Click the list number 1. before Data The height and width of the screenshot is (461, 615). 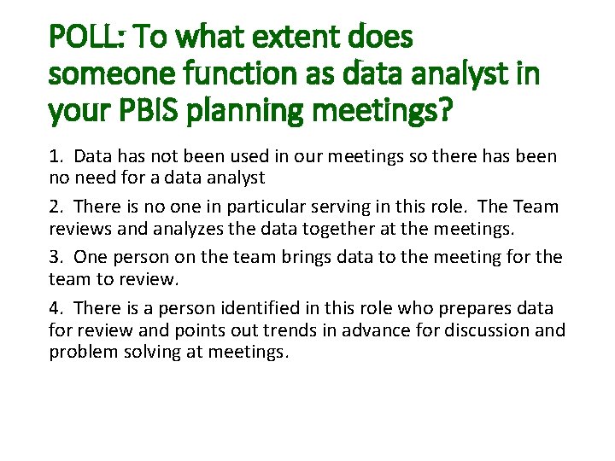coord(56,157)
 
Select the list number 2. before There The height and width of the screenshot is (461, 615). coord(56,207)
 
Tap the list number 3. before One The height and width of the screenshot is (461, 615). coord(56,257)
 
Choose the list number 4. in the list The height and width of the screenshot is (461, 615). coord(56,307)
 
